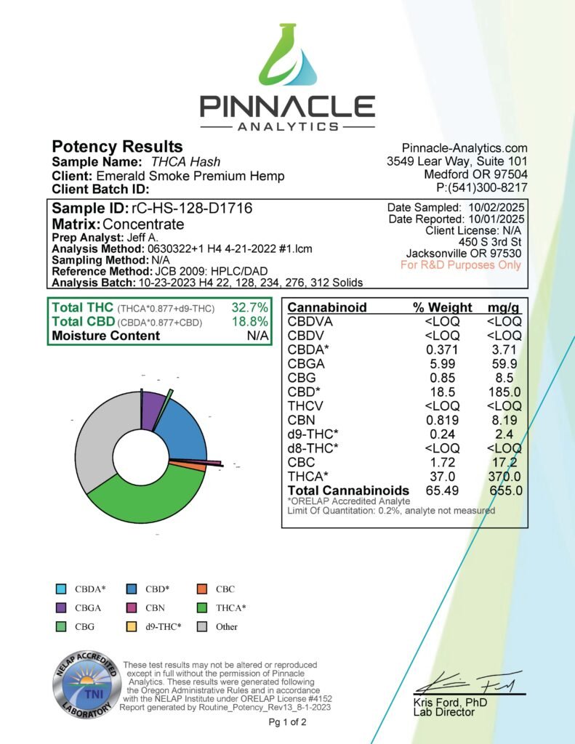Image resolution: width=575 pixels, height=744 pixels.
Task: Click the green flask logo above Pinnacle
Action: click(x=287, y=59)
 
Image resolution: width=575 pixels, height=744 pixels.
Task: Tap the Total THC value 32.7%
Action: click(x=249, y=307)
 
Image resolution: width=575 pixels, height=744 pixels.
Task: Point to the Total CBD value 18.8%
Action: click(x=249, y=321)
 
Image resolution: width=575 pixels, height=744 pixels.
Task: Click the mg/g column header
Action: click(x=504, y=307)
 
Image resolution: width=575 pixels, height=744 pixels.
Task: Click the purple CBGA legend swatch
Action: click(x=61, y=607)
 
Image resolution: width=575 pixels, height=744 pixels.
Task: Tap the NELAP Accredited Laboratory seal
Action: click(x=82, y=683)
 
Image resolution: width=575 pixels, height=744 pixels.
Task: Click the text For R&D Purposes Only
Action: click(x=461, y=264)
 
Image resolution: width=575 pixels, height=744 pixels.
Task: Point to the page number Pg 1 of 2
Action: click(x=287, y=722)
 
